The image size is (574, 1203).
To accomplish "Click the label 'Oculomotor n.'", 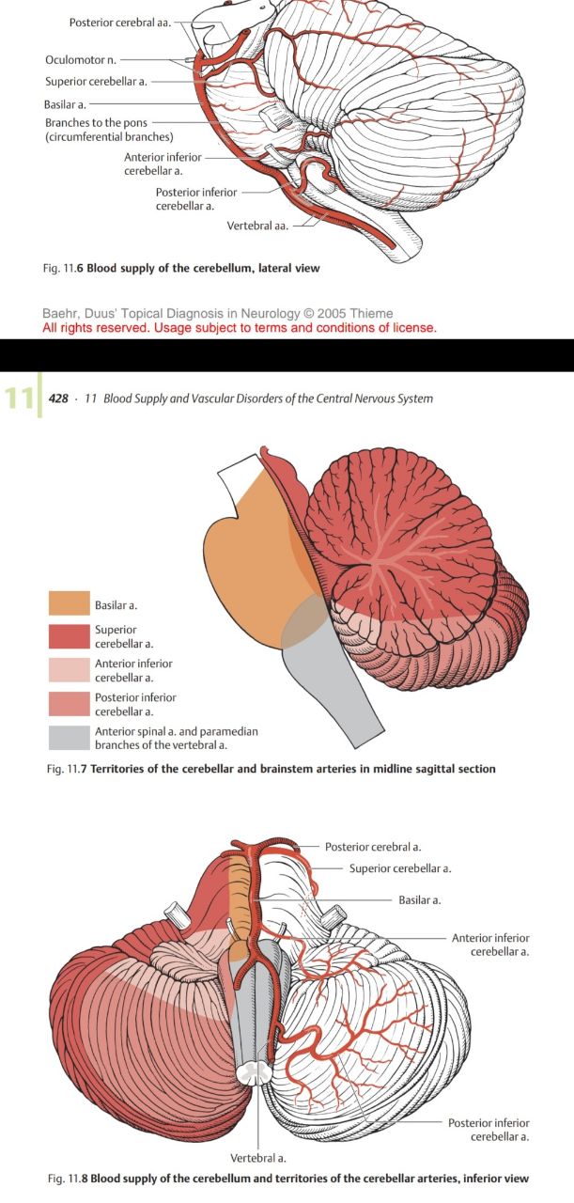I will (80, 60).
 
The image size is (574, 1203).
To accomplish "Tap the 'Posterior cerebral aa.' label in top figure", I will (119, 22).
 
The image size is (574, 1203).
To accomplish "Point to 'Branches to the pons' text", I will (97, 123).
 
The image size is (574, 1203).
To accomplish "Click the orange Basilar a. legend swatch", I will (69, 603).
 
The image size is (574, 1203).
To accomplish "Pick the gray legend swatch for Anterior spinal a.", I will (69, 738).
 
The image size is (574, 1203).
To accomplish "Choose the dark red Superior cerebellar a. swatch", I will (69, 636).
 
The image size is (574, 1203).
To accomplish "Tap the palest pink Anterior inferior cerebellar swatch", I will (69, 670).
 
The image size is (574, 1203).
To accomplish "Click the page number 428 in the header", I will (58, 398).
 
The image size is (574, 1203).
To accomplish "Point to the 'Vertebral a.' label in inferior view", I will (258, 1158).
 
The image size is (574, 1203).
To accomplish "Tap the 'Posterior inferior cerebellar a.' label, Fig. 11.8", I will (489, 1130).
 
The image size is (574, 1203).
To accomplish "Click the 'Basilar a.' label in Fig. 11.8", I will (420, 900).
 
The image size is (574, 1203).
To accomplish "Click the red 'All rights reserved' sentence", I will (240, 327).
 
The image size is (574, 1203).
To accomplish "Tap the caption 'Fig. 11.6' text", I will (64, 268).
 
